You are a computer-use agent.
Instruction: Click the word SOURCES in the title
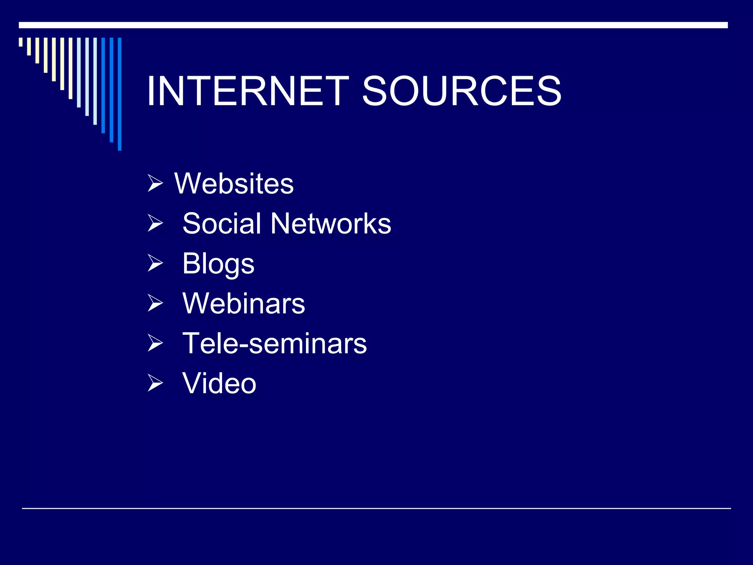(461, 91)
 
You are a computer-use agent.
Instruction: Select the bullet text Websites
(234, 184)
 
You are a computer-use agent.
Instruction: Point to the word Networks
(331, 223)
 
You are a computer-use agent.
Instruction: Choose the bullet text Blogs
(218, 264)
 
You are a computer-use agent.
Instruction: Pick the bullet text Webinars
(243, 303)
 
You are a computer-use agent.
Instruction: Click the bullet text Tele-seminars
(274, 343)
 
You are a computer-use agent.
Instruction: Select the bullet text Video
(219, 383)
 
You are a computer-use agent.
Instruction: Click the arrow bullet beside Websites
(155, 184)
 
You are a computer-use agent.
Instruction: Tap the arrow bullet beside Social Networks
(155, 223)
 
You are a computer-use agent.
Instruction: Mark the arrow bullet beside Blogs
(155, 263)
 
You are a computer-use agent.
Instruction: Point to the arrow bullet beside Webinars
(155, 303)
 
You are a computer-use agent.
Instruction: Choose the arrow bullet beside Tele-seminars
(155, 343)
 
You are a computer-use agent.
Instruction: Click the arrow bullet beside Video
(155, 383)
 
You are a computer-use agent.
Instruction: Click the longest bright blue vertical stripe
(119, 94)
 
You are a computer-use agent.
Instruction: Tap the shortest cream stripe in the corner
(21, 42)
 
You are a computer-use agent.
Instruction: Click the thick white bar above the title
(373, 25)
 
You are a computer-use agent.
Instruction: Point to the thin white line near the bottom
(376, 508)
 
